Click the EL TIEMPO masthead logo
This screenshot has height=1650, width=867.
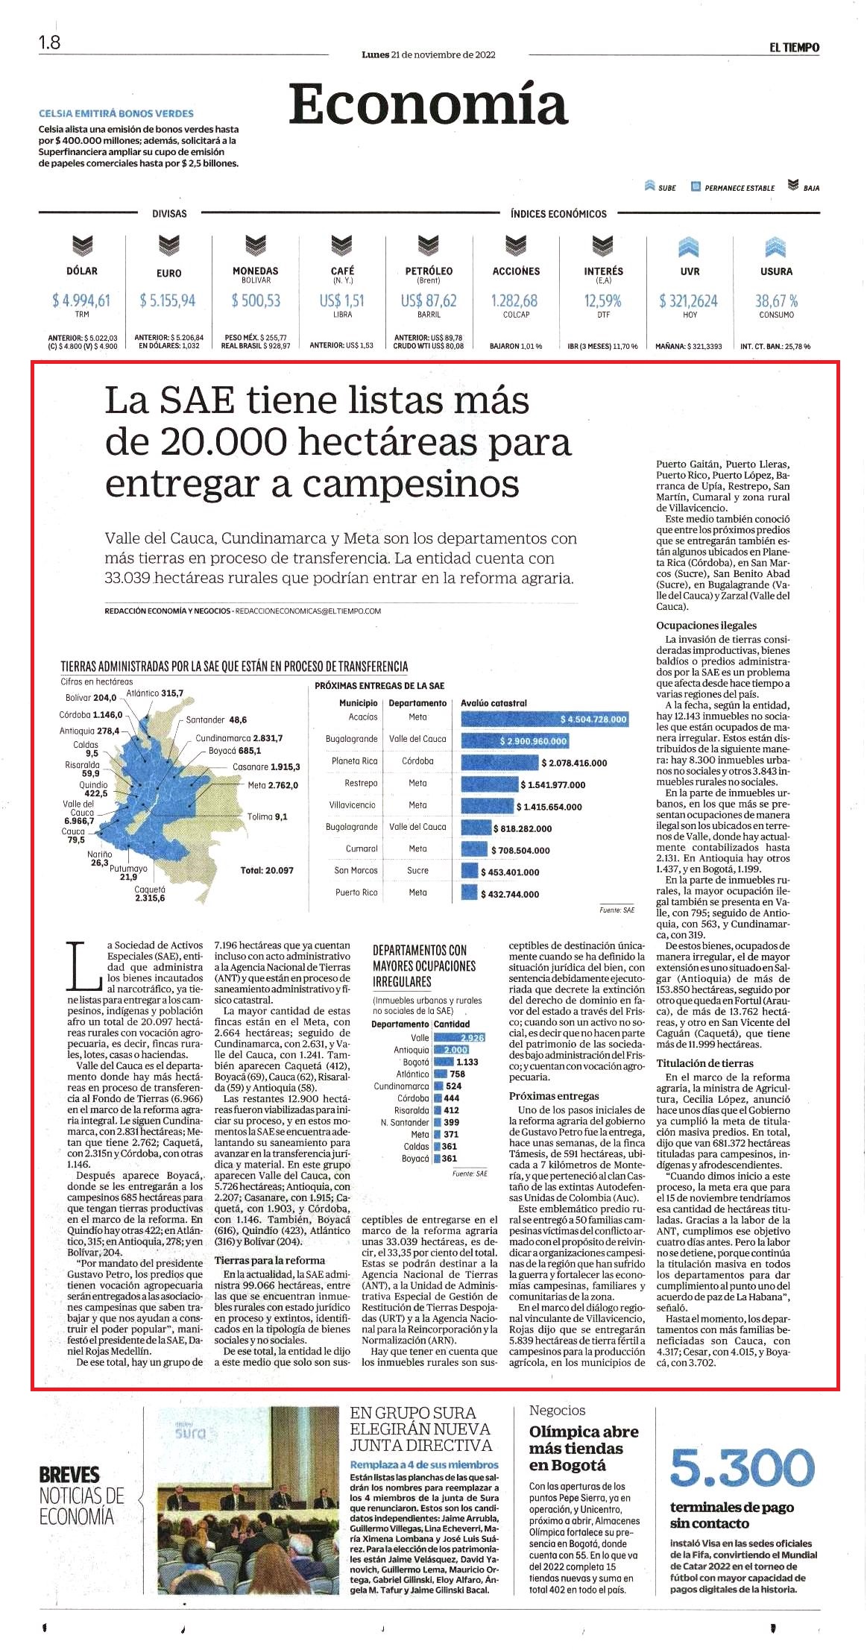tap(794, 48)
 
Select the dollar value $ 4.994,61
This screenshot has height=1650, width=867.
tap(81, 300)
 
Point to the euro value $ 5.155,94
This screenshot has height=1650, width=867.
tap(168, 300)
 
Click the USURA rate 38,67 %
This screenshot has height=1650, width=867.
tap(776, 300)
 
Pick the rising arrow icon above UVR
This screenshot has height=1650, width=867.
tap(689, 246)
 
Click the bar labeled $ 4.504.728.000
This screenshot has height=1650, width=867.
tap(545, 719)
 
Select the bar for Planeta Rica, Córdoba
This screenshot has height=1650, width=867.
tap(499, 763)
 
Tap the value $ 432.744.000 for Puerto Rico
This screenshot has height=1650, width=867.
tap(510, 894)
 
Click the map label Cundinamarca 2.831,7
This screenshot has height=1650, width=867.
tap(239, 738)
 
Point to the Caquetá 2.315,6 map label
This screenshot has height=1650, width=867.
tap(150, 894)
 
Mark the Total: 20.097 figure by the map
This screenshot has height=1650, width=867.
tap(267, 870)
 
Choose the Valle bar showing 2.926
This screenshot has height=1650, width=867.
tap(460, 1038)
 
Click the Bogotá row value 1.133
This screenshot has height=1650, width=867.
tap(467, 1062)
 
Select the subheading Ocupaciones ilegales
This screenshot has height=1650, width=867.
tap(706, 626)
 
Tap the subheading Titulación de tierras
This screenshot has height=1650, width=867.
tap(704, 1063)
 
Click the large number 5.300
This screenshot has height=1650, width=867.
tap(743, 1467)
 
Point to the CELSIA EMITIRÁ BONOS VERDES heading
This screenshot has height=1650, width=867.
tap(116, 113)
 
